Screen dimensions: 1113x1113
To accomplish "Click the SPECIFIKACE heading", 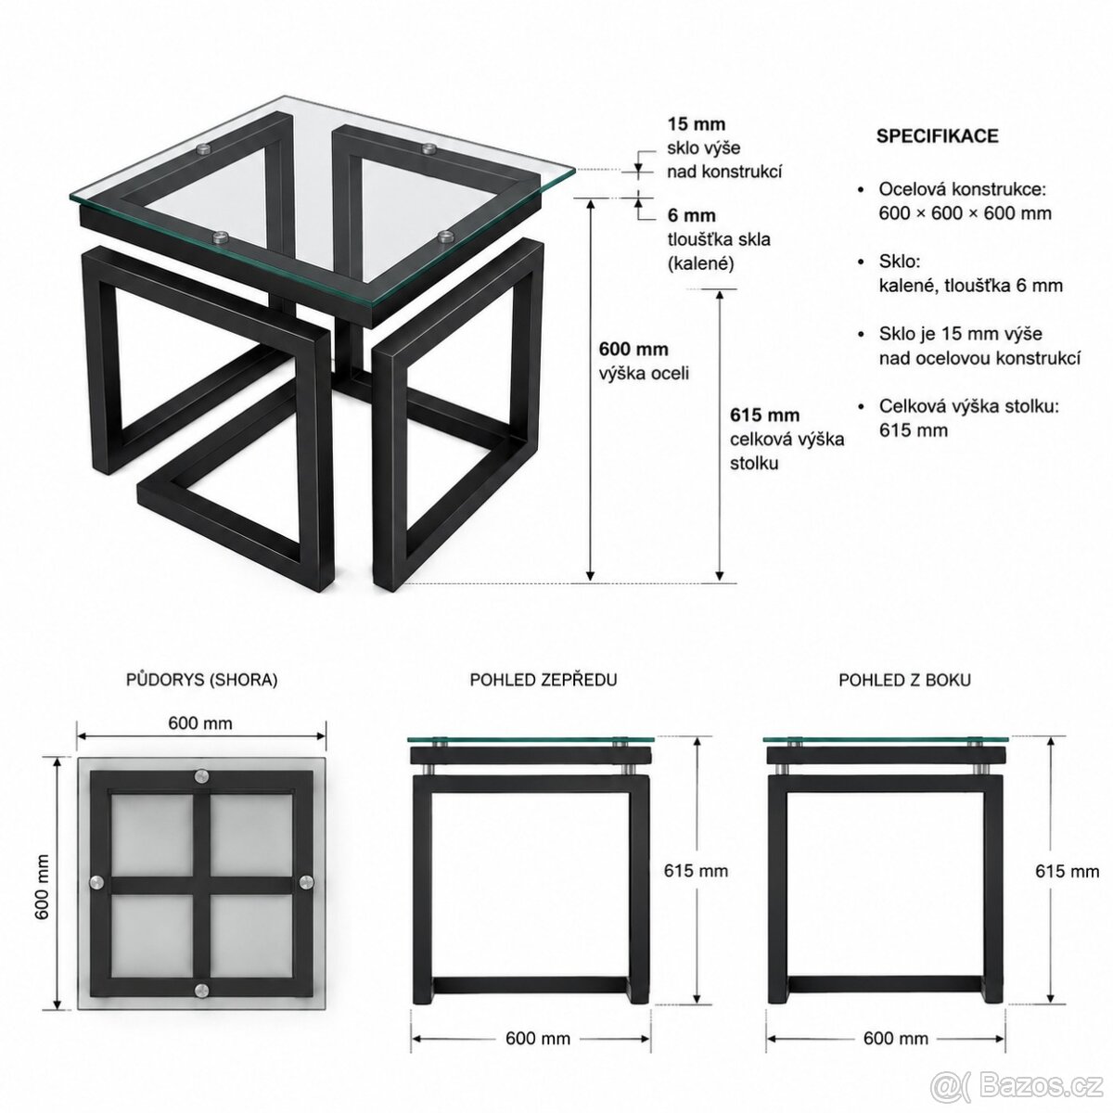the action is pos(937,135).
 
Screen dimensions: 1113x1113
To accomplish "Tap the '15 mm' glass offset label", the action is pos(696,124).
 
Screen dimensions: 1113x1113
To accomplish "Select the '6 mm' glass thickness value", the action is pos(691,215).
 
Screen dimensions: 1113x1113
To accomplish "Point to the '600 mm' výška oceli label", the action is pos(633,349).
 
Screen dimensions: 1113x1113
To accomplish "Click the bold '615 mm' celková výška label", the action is pos(764,415).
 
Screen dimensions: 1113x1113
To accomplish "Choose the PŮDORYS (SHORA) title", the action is pos(201,680).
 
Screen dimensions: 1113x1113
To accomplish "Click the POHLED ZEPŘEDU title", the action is pos(543,680).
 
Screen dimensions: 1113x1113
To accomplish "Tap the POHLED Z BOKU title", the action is pos(904,680).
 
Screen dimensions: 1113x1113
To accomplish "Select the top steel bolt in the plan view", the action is pos(201,777).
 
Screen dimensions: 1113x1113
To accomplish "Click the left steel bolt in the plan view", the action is pos(97,882).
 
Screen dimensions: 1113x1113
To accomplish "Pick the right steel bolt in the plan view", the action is pos(305,882).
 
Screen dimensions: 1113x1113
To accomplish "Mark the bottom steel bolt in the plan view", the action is pos(201,989).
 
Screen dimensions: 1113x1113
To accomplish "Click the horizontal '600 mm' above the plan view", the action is pos(199,723).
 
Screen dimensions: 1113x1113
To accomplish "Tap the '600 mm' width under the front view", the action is pos(538,1039).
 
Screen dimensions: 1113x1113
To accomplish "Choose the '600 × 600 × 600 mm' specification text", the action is pos(965,213).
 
